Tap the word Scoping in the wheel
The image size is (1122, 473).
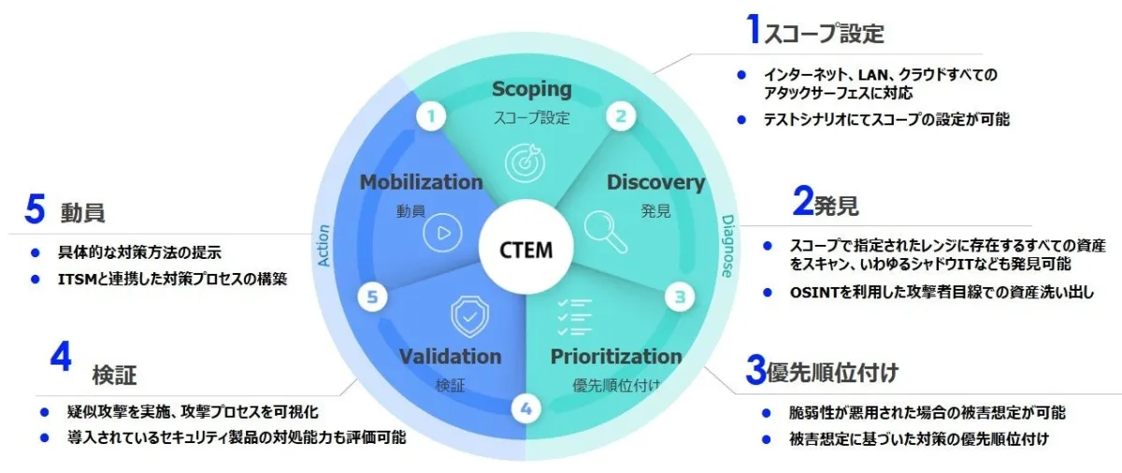point(531,90)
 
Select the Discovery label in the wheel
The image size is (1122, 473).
point(655,182)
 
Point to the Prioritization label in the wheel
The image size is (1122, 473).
point(616,356)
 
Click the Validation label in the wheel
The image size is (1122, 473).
point(450,356)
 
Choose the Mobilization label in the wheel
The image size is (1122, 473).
point(421,182)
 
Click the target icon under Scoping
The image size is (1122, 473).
point(525,162)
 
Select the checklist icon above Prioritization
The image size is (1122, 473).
point(574,318)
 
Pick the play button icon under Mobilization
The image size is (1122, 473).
point(442,234)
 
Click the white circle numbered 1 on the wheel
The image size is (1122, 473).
point(431,117)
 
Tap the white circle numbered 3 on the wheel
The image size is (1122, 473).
point(681,298)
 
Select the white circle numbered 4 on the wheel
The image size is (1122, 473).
point(526,408)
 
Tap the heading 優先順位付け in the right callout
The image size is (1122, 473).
point(832,373)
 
